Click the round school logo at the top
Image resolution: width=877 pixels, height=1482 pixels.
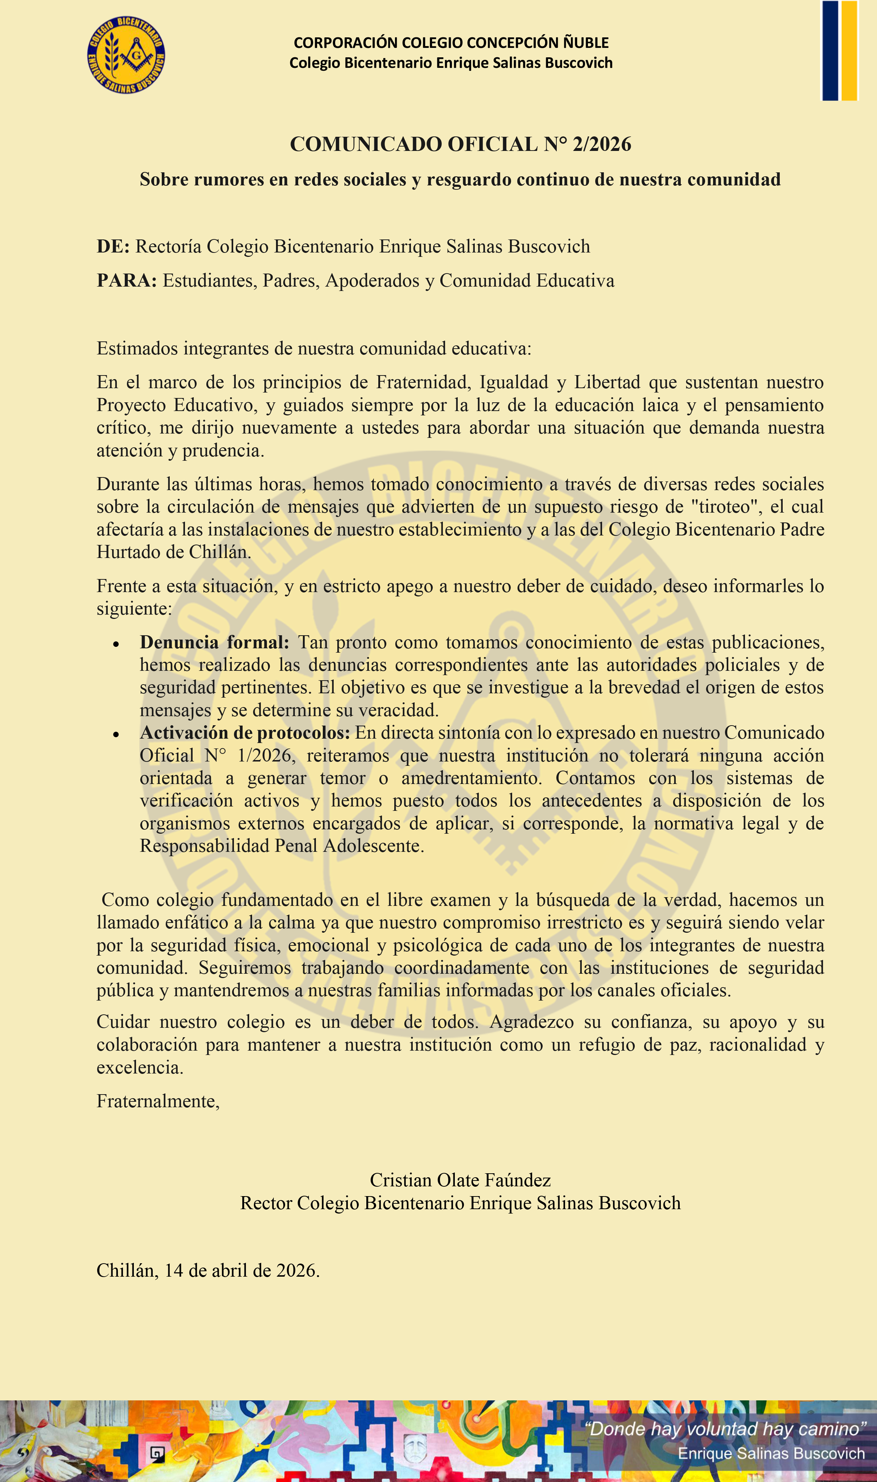[x=126, y=54]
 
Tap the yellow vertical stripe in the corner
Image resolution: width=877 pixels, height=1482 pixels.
[x=849, y=50]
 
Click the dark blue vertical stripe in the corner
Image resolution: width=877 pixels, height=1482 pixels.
[x=830, y=50]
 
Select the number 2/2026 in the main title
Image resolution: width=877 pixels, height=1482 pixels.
[x=602, y=144]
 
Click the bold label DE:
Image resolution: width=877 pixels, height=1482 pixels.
[x=113, y=246]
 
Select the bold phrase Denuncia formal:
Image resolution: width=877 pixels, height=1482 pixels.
[x=214, y=643]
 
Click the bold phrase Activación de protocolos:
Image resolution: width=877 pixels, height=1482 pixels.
[x=245, y=733]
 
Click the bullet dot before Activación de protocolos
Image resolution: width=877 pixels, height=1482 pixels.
[x=116, y=735]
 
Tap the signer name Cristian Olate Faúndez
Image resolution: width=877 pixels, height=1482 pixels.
[x=460, y=1180]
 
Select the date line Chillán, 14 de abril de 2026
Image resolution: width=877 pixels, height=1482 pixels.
[x=208, y=1270]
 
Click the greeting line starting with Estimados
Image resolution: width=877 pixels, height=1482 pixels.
[x=314, y=348]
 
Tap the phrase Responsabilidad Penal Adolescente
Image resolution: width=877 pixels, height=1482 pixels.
[x=281, y=846]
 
